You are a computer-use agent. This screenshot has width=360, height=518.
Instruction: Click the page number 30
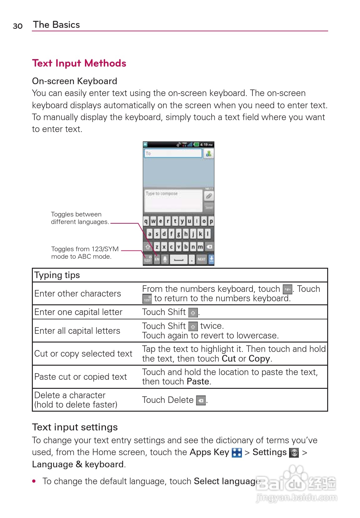click(x=17, y=26)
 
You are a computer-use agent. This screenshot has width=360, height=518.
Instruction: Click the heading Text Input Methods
click(x=79, y=63)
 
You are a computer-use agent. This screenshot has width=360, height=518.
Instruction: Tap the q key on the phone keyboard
click(x=146, y=221)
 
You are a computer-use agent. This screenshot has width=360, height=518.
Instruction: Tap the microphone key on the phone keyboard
click(x=165, y=259)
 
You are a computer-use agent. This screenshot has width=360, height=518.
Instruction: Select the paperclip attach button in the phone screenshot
click(x=209, y=196)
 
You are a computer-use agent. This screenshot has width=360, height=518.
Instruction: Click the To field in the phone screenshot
click(x=173, y=153)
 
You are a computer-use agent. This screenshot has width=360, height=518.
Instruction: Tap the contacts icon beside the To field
click(x=209, y=153)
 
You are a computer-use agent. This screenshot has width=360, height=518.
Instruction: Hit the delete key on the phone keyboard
click(x=209, y=247)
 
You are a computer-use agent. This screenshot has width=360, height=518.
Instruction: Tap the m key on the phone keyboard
click(x=200, y=247)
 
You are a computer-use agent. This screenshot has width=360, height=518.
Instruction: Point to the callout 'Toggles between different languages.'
click(x=80, y=218)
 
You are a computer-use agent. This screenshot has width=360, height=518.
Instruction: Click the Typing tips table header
click(x=57, y=275)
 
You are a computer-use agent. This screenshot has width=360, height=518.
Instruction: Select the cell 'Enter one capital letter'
click(x=78, y=312)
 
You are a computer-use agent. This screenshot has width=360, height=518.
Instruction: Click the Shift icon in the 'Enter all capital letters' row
click(x=193, y=327)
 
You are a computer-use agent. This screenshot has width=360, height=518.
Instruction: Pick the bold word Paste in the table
click(x=198, y=382)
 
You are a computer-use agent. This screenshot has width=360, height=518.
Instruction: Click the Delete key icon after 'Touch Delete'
click(x=201, y=400)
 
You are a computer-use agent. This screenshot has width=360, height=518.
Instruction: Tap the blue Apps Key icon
click(x=237, y=452)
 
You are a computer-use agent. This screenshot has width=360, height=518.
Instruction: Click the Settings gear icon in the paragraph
click(x=294, y=452)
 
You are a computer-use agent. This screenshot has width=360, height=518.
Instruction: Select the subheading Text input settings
click(x=75, y=427)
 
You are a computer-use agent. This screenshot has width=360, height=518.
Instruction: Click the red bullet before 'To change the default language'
click(x=34, y=481)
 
